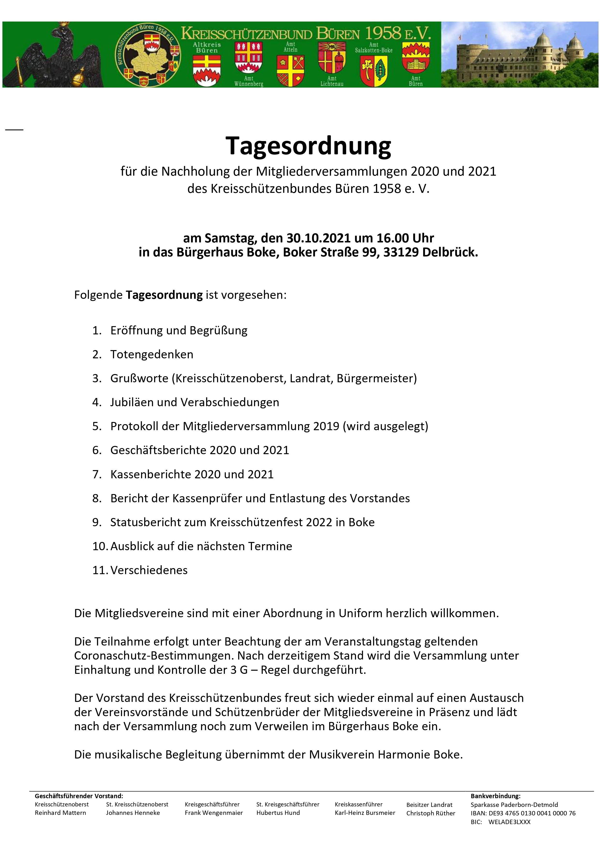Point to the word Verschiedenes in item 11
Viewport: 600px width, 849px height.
[x=149, y=570]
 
